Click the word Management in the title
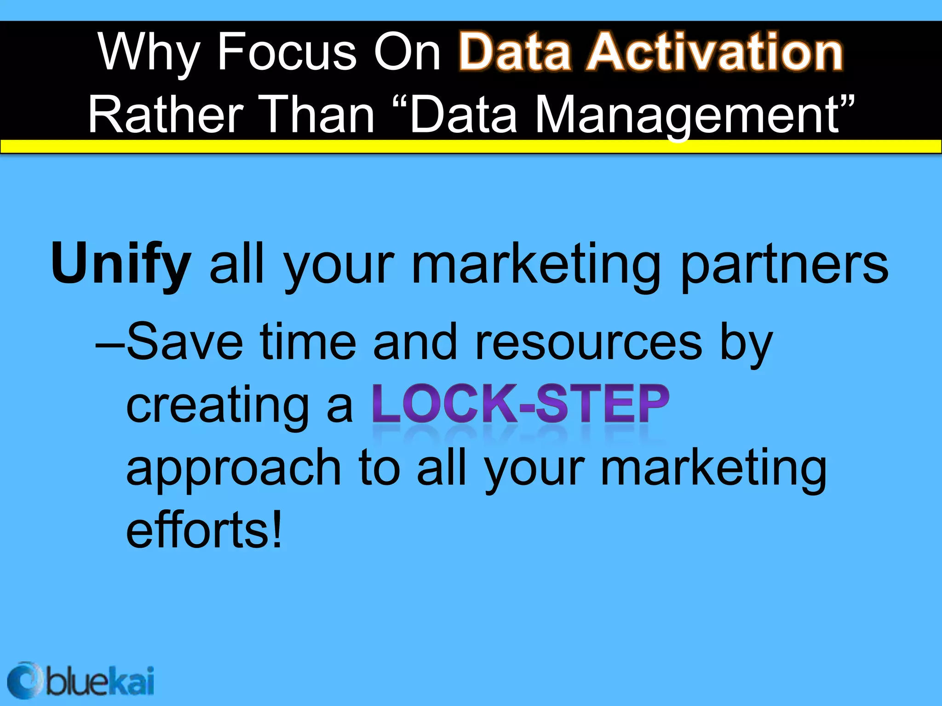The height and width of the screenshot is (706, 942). tap(687, 115)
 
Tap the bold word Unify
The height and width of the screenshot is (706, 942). tap(121, 264)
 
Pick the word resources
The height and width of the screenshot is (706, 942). tap(588, 343)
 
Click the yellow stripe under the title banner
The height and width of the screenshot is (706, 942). tap(471, 147)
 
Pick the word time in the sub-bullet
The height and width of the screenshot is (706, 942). tap(308, 342)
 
